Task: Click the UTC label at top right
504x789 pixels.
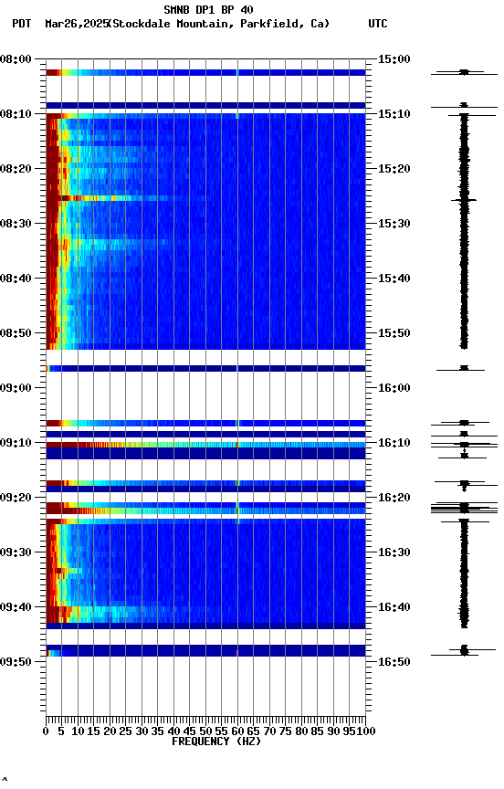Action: [x=377, y=24]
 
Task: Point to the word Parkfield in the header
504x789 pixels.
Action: [x=270, y=24]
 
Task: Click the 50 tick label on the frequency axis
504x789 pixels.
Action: [x=205, y=731]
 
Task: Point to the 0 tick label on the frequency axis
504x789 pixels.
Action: [x=46, y=731]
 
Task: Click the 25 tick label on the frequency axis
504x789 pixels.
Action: [x=126, y=731]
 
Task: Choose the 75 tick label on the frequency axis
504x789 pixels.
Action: [x=286, y=731]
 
